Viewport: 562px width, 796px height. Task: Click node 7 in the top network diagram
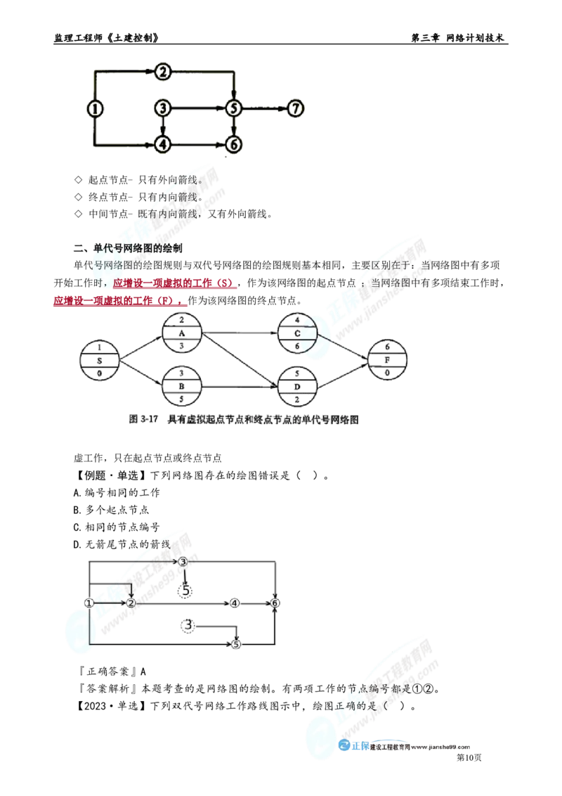point(296,108)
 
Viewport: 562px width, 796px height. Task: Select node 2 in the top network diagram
point(163,72)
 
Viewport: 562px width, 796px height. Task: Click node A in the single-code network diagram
point(181,333)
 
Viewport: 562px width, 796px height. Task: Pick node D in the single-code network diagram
point(297,387)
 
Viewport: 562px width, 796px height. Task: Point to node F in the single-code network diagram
point(387,359)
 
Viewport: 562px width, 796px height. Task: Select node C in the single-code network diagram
point(297,333)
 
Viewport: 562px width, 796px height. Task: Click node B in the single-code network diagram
point(181,386)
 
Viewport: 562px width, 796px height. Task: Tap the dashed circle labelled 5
point(185,591)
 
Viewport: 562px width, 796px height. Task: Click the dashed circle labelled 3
point(188,625)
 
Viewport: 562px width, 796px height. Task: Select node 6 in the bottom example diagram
point(275,603)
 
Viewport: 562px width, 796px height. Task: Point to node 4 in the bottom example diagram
point(235,603)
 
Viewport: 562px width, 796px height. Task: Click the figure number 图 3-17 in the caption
point(143,419)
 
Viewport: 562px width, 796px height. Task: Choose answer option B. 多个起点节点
point(111,510)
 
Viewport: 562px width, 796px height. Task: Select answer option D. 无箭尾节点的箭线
point(122,544)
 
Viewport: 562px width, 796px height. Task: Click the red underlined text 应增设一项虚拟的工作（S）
point(172,283)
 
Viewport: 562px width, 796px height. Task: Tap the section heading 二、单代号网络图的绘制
point(128,248)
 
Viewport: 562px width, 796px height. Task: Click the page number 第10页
point(469,757)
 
